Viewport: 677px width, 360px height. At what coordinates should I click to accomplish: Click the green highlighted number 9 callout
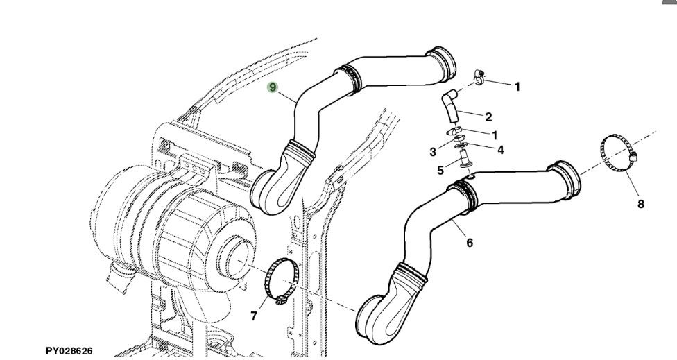click(273, 87)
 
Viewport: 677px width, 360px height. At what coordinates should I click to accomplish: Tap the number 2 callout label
click(488, 117)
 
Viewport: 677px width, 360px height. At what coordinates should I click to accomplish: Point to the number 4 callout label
click(499, 148)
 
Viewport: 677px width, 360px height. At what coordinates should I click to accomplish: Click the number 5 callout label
click(440, 170)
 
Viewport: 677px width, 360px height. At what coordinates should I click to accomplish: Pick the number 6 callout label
click(470, 243)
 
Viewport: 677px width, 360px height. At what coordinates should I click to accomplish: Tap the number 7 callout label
click(254, 317)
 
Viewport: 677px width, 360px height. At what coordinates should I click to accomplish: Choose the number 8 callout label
click(640, 204)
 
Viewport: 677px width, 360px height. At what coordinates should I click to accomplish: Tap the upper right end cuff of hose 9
click(442, 62)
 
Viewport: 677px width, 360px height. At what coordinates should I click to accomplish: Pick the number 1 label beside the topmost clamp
click(517, 87)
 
